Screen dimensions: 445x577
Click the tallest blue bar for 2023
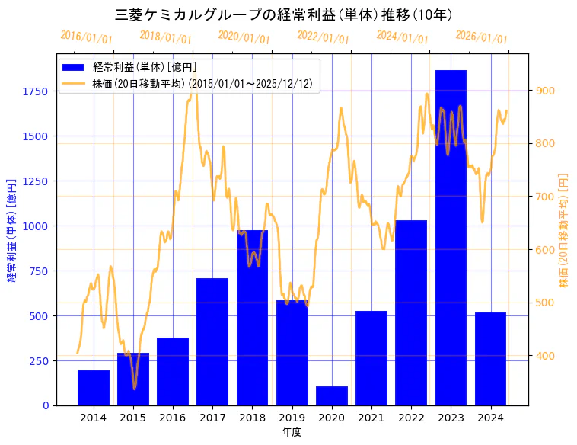coord(451,238)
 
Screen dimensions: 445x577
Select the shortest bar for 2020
coord(332,395)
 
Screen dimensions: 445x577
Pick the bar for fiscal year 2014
coord(94,388)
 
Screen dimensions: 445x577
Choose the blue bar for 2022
coord(411,312)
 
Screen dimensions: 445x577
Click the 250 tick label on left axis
coord(39,360)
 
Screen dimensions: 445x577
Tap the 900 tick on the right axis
coord(545,91)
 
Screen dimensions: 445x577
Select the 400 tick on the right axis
coord(545,356)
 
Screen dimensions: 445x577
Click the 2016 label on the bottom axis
coord(173,418)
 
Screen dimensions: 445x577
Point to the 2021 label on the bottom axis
coord(371,418)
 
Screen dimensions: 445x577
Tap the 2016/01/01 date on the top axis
coord(86,37)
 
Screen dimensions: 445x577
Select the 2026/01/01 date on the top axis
coord(481,37)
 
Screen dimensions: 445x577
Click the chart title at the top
coord(283,14)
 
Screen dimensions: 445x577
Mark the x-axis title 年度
coord(292,432)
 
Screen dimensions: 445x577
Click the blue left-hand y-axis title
coord(11,230)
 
